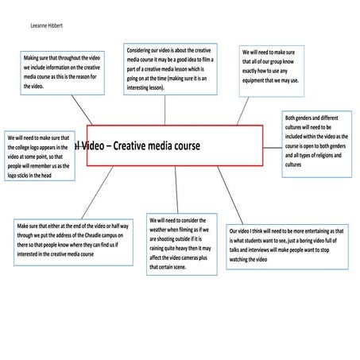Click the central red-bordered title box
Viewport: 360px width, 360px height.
point(173,145)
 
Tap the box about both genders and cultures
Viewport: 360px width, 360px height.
point(317,145)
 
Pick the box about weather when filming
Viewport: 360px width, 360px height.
point(182,244)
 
